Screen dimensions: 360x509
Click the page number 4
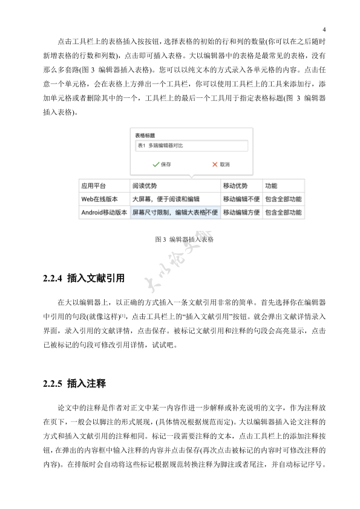324,30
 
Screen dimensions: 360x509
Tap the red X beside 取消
214,164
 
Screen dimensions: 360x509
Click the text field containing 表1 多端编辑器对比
191,146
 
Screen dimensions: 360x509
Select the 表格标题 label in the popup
145,135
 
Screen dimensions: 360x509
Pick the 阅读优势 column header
145,186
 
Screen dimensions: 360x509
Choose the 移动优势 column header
235,186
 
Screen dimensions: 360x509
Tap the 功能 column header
270,186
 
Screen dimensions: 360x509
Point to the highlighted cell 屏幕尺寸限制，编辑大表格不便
174,213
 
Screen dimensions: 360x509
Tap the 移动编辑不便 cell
241,199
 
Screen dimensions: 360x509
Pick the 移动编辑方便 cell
241,213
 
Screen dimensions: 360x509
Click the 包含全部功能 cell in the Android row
283,213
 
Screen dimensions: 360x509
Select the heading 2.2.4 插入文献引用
84,279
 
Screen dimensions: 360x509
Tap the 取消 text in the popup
224,164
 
